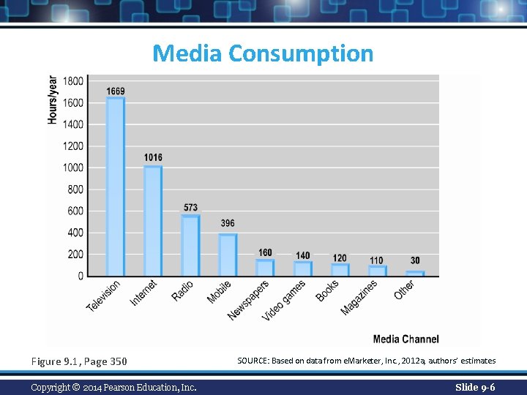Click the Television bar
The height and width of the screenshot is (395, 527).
tap(115, 187)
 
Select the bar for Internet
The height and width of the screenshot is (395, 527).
tap(153, 221)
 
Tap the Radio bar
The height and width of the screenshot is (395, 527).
tap(190, 245)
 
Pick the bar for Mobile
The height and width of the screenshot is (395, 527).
tap(228, 255)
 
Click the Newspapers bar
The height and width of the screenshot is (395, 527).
tap(265, 268)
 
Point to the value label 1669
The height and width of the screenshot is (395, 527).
tap(115, 91)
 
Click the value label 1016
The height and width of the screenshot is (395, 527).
tap(153, 157)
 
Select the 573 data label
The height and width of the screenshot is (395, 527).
tap(190, 208)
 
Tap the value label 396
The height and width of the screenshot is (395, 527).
tap(228, 223)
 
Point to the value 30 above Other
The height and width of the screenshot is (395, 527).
tap(415, 260)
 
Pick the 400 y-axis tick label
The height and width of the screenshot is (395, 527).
tap(75, 233)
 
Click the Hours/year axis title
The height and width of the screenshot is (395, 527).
tap(53, 99)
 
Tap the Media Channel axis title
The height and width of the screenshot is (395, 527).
tap(405, 339)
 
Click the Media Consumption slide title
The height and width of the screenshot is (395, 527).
tap(263, 53)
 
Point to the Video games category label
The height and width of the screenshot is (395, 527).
tap(285, 300)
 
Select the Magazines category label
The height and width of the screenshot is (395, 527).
tap(359, 298)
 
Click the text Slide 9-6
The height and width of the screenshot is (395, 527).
tap(475, 387)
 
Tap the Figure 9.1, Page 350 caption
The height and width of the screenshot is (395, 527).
tap(79, 361)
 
